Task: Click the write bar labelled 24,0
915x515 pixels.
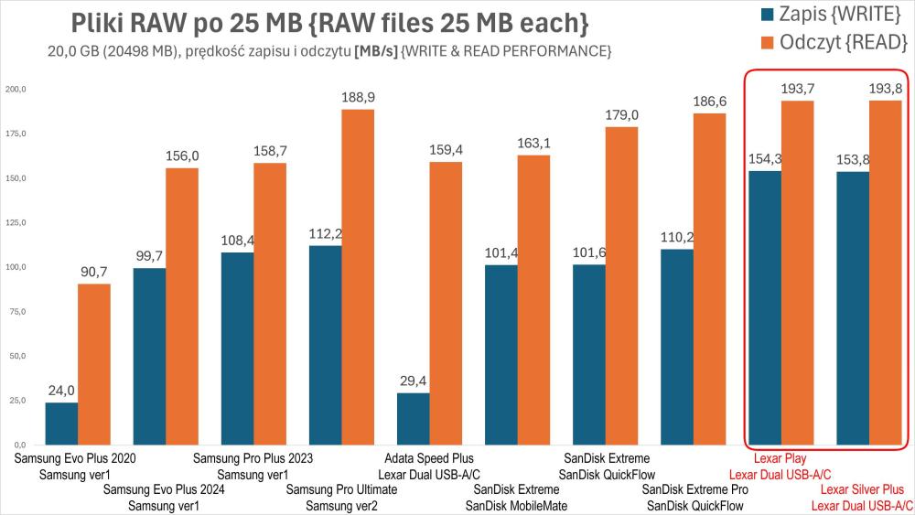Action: click(61, 424)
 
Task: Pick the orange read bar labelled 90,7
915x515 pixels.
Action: click(93, 364)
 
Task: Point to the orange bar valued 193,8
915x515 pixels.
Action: click(886, 273)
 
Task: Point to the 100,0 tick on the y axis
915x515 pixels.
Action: click(18, 267)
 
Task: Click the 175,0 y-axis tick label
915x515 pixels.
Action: click(18, 134)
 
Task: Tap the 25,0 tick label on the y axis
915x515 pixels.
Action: click(18, 401)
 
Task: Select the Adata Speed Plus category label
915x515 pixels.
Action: click(427, 458)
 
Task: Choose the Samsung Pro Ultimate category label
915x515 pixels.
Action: click(341, 490)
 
